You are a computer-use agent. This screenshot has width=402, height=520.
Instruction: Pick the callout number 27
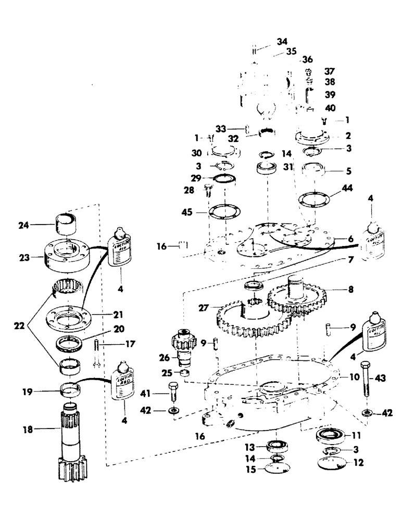pos(204,308)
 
